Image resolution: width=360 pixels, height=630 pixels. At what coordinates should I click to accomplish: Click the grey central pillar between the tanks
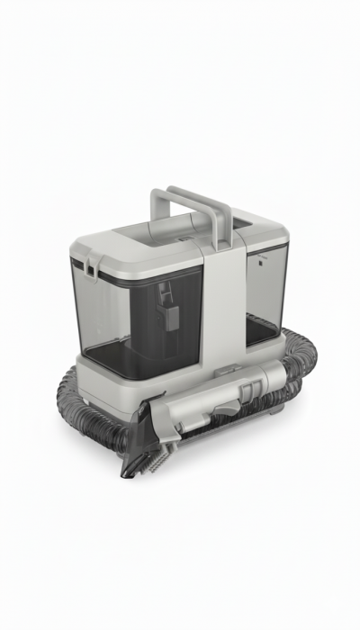(x=220, y=306)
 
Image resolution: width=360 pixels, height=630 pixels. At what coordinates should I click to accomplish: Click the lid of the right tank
(x=265, y=236)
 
